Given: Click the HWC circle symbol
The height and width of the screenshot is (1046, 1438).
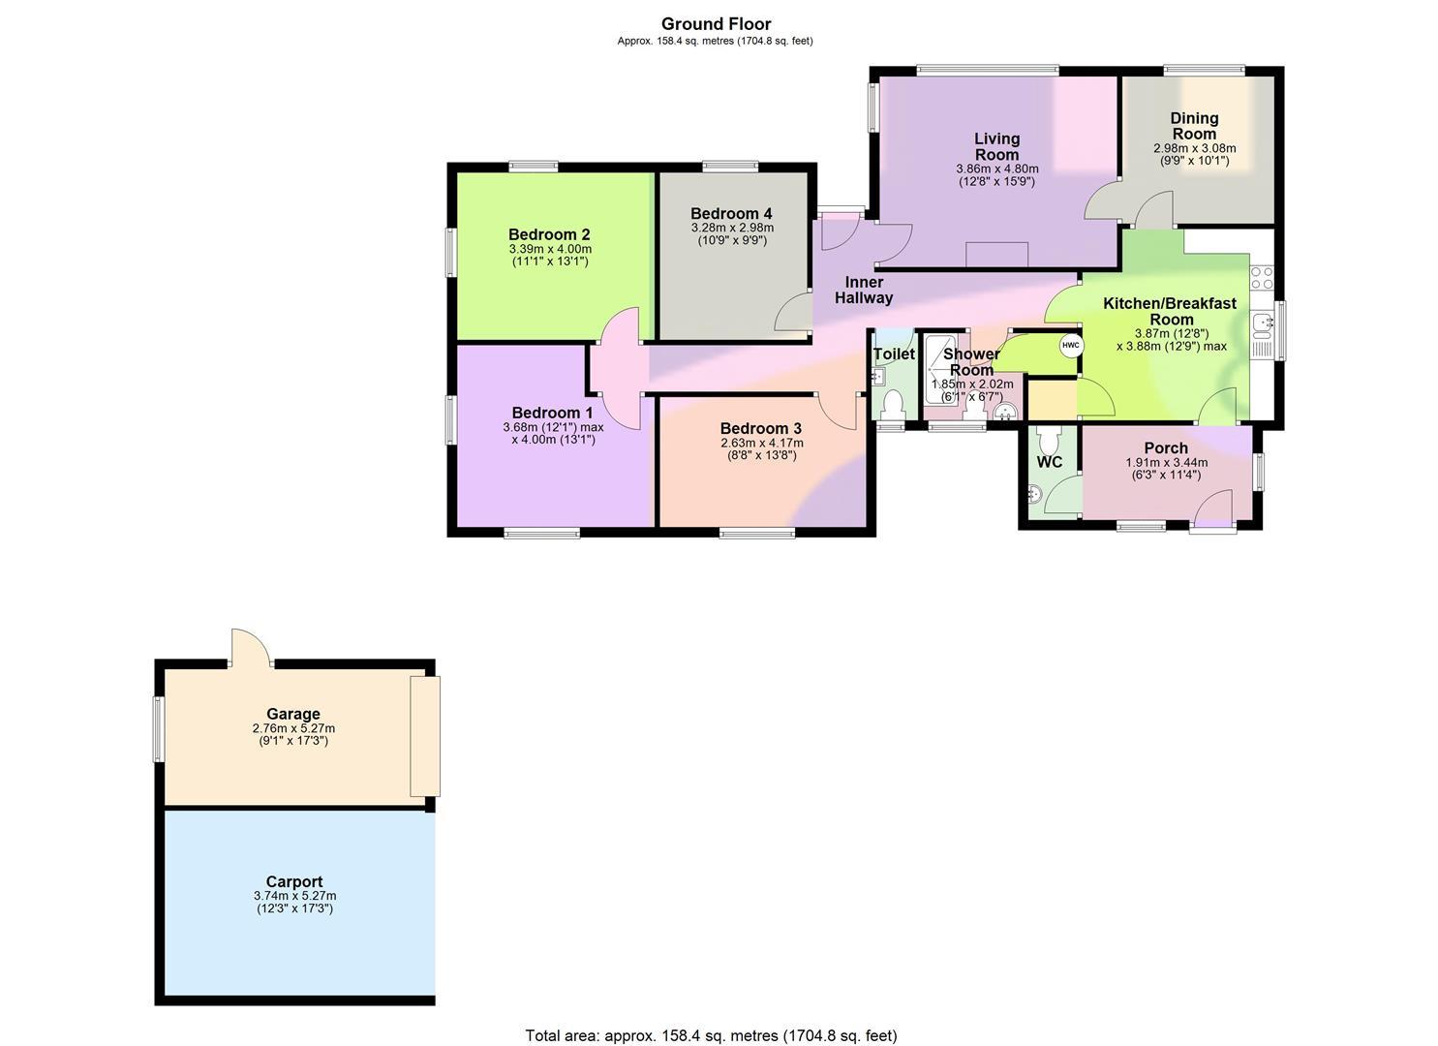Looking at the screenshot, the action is [x=1071, y=346].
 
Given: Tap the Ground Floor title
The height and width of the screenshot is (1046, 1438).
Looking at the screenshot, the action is [x=716, y=24].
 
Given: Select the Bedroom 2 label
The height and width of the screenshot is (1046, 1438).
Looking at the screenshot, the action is [x=549, y=234].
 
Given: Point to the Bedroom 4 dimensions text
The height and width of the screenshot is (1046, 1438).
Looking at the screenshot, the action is [x=732, y=234].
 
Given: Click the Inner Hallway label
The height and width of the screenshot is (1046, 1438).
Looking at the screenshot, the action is [x=864, y=291].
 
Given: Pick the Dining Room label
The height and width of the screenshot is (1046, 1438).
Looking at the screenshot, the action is [x=1194, y=126].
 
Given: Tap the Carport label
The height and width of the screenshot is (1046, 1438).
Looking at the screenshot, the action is [x=294, y=882].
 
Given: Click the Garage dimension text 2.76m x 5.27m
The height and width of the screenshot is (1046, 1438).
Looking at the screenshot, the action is [x=294, y=728].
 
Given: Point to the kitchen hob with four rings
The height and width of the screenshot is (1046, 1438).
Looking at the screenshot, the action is [x=1262, y=279].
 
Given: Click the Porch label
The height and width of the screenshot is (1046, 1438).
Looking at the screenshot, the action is [x=1167, y=448].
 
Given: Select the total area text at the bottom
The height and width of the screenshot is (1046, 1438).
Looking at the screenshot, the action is [x=712, y=1018].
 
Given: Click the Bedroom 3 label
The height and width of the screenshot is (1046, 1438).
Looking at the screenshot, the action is [x=761, y=428].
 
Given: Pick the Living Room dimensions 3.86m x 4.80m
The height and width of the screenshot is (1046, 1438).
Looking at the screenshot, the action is [x=997, y=169].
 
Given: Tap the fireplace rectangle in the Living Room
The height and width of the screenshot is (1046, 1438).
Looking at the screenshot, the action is [x=997, y=255].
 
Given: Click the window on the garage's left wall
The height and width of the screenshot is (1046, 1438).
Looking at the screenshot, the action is [x=157, y=728].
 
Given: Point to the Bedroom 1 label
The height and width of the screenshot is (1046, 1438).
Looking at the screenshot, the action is [x=553, y=413].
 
